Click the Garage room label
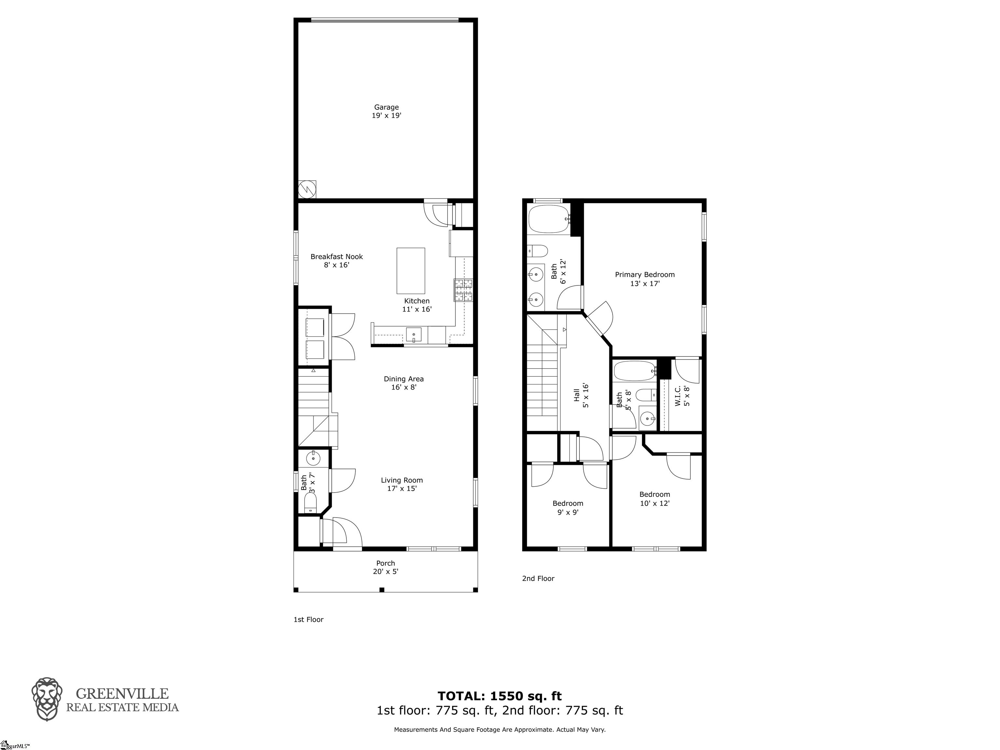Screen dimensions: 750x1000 [386, 107]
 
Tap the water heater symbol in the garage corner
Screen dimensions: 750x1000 [307, 189]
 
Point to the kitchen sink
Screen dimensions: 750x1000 [413, 335]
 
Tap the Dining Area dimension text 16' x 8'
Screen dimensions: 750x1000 [403, 387]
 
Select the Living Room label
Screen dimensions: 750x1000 [401, 480]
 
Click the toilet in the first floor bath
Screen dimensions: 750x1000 [311, 503]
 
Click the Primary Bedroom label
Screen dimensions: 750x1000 [644, 274]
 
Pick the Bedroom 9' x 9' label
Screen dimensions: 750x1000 [567, 504]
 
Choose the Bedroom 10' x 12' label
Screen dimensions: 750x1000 [654, 494]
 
